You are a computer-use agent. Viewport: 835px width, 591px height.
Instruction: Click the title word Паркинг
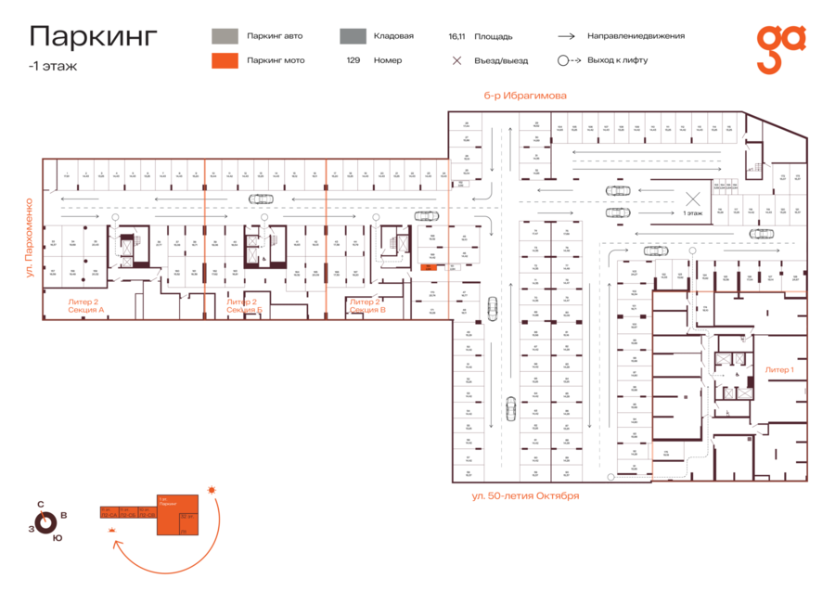pos(94,36)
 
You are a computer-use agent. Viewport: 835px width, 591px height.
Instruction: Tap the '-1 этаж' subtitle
pos(53,66)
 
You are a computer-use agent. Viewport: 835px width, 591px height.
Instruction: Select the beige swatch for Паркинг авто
pos(225,36)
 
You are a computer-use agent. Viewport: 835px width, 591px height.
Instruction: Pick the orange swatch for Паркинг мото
pos(225,60)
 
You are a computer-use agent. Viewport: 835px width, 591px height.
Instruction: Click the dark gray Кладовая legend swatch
pos(352,36)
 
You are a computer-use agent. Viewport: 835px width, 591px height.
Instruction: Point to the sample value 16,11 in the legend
pos(456,37)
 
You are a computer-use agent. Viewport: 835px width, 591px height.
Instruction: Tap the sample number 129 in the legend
pos(353,60)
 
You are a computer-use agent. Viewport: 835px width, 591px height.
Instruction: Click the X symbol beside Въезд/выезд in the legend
pos(456,60)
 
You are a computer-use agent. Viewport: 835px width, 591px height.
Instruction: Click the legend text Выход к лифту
pos(617,60)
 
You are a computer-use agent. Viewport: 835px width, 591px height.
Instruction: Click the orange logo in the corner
pos(780,48)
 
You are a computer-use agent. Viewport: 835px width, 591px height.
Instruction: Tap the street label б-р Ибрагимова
pos(524,96)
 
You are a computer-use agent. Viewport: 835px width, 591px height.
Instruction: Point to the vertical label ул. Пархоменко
pos(30,238)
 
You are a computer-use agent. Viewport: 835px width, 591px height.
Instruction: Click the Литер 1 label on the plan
pos(779,369)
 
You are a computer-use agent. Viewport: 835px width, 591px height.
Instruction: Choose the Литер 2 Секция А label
pos(86,305)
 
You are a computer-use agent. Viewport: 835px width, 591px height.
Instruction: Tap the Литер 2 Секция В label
pos(367,305)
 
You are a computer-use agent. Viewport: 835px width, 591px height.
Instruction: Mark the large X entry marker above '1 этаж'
pos(691,198)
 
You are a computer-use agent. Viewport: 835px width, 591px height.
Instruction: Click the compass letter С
pos(40,505)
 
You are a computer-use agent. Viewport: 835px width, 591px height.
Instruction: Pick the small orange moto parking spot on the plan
pos(429,267)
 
